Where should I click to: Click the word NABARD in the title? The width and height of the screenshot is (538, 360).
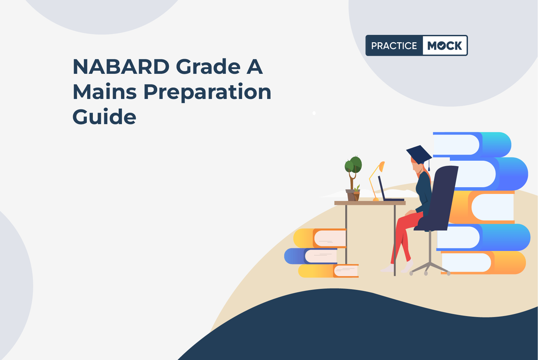(x=121, y=66)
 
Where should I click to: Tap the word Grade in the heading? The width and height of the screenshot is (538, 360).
(x=208, y=66)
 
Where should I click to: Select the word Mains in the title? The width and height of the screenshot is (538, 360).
(x=105, y=92)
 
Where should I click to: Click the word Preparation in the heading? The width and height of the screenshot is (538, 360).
(x=207, y=93)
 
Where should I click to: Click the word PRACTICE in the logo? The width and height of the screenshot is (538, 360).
(x=394, y=46)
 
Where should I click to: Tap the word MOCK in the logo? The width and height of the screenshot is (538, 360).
(x=444, y=46)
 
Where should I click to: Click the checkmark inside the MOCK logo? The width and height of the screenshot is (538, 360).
(x=441, y=46)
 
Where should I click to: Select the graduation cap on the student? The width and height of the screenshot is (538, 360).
(x=419, y=155)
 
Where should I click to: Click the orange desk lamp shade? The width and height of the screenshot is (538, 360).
(x=382, y=166)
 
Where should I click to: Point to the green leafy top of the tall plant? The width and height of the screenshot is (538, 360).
(x=353, y=165)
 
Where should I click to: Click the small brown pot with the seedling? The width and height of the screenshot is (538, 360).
(x=357, y=196)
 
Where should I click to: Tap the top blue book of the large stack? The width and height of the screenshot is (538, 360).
(x=472, y=145)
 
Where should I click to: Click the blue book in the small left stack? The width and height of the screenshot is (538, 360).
(x=311, y=256)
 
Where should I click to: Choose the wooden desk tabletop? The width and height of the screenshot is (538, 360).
(x=370, y=203)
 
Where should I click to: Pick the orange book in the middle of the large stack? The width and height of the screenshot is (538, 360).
(x=482, y=207)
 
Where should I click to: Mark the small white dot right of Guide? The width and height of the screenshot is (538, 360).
(x=314, y=113)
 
